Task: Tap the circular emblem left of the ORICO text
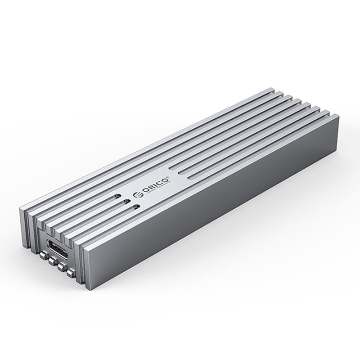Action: [139, 195]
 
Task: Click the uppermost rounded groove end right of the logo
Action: [173, 169]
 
